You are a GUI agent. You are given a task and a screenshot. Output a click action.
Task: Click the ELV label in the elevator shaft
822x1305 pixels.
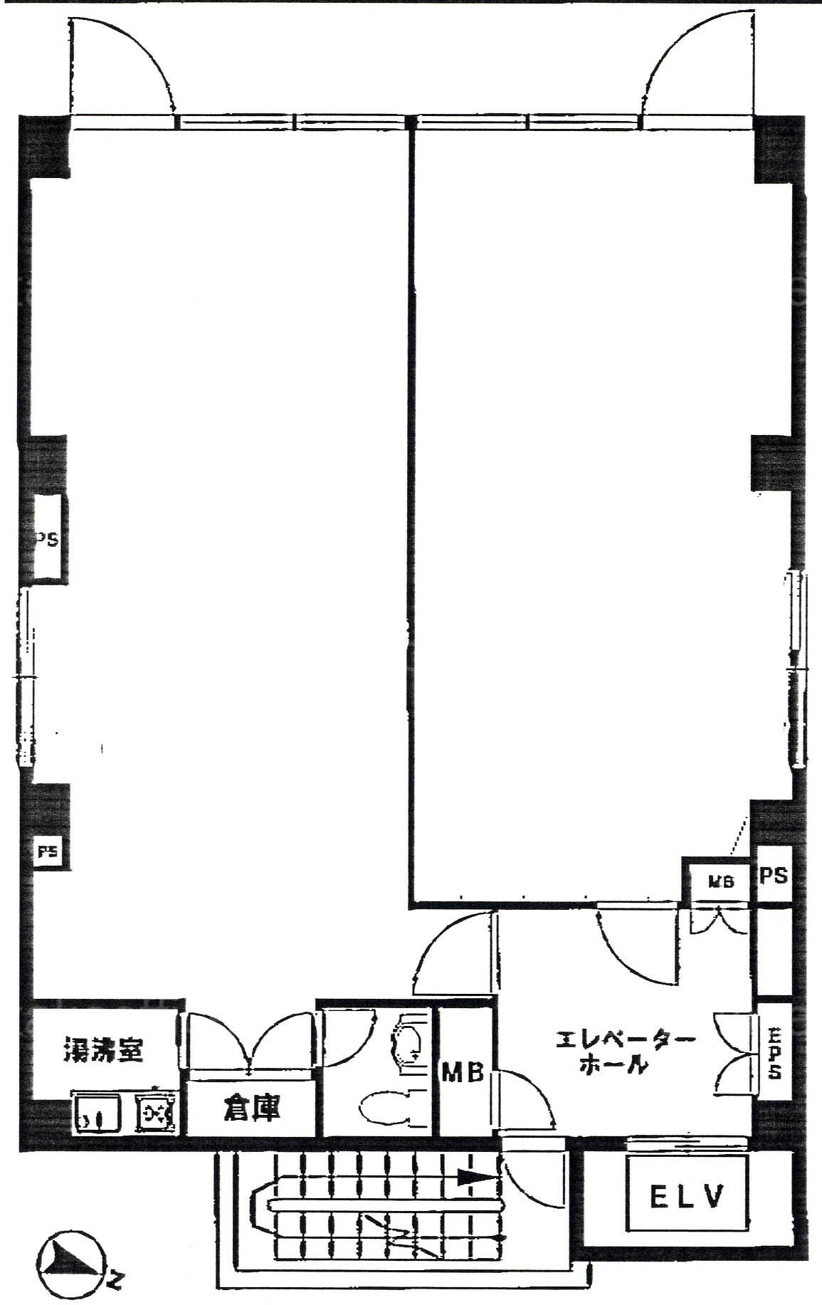(x=687, y=1197)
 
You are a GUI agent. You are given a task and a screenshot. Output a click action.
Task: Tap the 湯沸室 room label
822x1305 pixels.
(x=103, y=1050)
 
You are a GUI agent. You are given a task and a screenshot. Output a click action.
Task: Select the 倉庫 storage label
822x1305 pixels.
(x=251, y=1108)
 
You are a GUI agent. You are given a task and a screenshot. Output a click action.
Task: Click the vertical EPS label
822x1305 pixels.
(x=774, y=1052)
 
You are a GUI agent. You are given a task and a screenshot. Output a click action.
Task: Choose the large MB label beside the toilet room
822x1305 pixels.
(x=463, y=1071)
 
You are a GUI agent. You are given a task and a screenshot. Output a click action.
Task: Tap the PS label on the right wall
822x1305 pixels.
(x=773, y=875)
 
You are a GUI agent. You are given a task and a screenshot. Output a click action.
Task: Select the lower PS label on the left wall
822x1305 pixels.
(x=48, y=852)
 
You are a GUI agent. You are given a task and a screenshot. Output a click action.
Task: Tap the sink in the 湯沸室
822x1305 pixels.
(x=95, y=1110)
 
